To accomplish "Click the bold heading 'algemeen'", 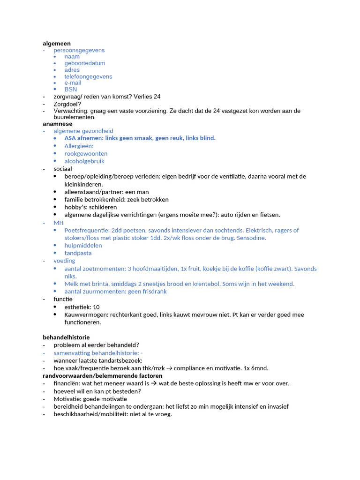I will pos(57,44).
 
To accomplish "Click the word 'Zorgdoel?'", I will pos(67,104).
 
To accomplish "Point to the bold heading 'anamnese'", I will pos(58,124).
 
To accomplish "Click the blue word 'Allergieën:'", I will pos(79,146).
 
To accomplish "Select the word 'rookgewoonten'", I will pos(86,154).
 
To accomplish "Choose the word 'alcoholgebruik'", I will pos(84,161).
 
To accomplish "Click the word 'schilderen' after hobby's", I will pos(102,207).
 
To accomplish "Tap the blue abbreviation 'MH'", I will pos(59,223).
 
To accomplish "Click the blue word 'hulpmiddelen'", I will pos(83,246).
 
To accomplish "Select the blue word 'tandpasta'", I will pos(78,253).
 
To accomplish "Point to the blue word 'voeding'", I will pos(64,261).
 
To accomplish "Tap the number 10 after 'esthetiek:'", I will pos(97,307).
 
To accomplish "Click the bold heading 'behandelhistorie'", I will pos(66,337).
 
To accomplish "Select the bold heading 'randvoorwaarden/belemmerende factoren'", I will pos(103,376).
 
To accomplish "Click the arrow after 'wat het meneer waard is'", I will pos(154,383).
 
